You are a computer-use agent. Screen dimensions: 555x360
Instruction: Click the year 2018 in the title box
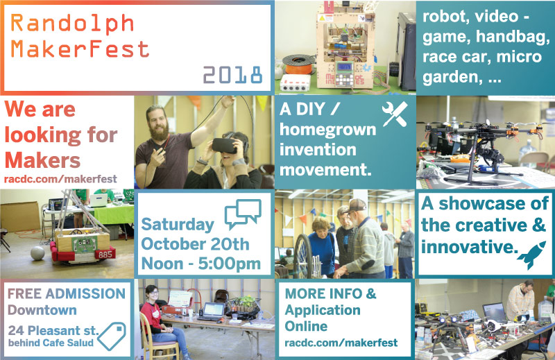(232, 75)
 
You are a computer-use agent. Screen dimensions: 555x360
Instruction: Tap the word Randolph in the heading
(72, 24)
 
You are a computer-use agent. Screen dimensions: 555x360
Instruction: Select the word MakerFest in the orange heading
(80, 49)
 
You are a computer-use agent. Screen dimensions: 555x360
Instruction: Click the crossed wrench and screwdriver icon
(395, 114)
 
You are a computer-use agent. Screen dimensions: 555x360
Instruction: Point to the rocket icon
(531, 254)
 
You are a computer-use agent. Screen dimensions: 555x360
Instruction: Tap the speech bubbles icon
(243, 213)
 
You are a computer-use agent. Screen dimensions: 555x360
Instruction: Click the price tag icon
(112, 336)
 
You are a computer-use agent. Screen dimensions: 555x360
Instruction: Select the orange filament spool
(299, 65)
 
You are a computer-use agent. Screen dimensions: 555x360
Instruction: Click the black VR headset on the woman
(224, 145)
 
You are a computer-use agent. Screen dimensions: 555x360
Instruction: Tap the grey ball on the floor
(37, 253)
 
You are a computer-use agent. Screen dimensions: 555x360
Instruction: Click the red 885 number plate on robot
(105, 254)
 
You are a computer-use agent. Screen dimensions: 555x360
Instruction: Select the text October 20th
(195, 244)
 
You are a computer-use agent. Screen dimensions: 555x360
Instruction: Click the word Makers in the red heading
(42, 160)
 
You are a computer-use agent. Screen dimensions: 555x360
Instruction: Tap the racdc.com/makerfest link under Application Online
(341, 343)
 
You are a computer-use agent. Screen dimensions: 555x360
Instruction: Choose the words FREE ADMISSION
(67, 293)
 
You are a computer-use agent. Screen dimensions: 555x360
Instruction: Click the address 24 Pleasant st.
(53, 330)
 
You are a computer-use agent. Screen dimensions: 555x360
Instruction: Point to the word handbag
(513, 37)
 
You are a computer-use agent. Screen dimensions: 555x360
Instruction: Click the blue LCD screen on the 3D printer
(344, 67)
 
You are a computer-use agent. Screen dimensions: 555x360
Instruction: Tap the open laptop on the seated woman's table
(212, 311)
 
